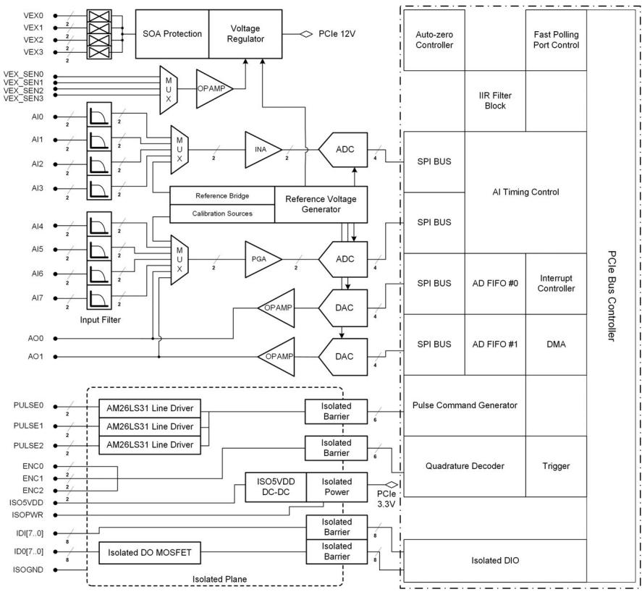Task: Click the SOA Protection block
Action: [172, 34]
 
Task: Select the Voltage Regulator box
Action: [245, 34]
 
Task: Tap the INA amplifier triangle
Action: [263, 149]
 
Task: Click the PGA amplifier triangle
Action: [263, 259]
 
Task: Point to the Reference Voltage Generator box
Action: [321, 204]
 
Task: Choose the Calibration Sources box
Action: [222, 213]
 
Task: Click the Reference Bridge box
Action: [222, 195]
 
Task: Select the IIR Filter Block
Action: [495, 101]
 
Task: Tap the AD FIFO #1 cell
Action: [495, 344]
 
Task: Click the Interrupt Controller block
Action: [556, 283]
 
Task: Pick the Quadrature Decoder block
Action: [465, 466]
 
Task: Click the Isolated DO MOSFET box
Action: [150, 553]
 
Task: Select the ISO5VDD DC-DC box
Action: [276, 487]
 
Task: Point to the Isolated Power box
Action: [337, 487]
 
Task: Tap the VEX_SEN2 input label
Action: [23, 90]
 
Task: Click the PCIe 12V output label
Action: [337, 34]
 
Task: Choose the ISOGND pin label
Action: [28, 570]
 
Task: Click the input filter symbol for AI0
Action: [99, 114]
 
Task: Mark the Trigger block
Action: [556, 466]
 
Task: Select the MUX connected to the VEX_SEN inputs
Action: [168, 90]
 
